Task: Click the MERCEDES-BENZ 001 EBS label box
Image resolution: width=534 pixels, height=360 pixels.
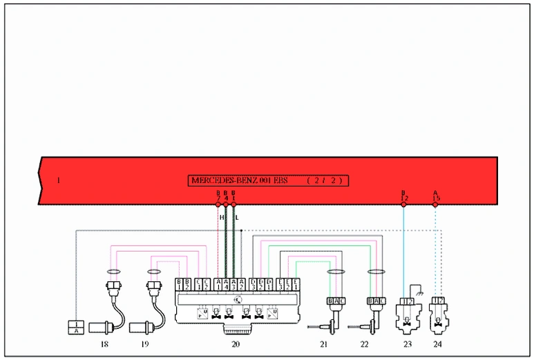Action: pos(267,180)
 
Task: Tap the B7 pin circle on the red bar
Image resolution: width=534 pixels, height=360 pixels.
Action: pos(219,205)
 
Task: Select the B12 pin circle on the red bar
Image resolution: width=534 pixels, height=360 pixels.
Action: pos(403,205)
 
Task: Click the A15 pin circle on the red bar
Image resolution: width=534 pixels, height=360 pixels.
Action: pos(435,205)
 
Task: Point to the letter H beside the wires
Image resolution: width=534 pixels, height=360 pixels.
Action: pos(222,217)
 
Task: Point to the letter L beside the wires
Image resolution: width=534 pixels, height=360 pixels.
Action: pos(238,217)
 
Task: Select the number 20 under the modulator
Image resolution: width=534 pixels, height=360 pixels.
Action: pos(235,343)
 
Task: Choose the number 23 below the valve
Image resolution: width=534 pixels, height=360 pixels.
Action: pos(408,343)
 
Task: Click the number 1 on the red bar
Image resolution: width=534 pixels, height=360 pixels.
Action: pos(59,181)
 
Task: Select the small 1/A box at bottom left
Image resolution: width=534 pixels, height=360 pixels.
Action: pos(77,327)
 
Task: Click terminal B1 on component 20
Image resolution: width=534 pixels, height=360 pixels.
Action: pos(179,284)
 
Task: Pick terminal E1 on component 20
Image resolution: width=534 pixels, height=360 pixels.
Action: pos(296,284)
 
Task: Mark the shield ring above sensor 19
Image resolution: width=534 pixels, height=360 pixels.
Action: pos(154,272)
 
